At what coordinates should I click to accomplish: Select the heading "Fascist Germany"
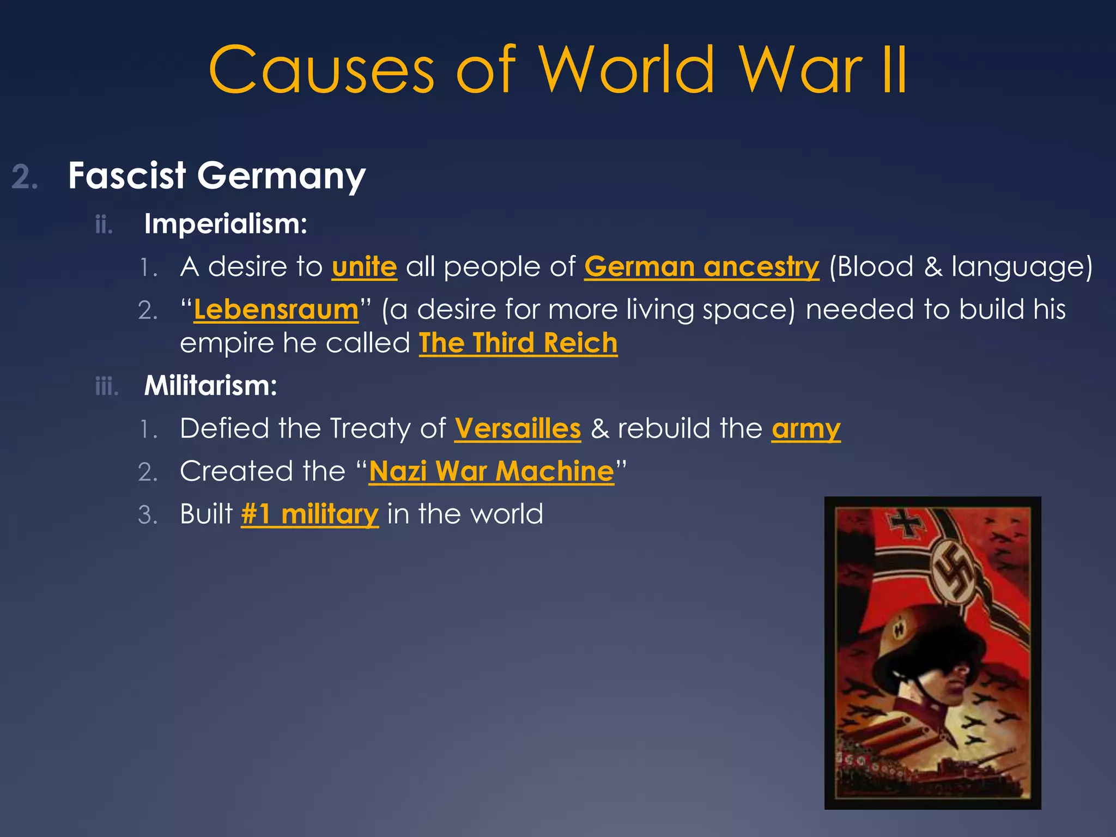[216, 176]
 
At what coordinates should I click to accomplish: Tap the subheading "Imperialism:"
[226, 224]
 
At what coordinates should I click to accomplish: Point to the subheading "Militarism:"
[210, 386]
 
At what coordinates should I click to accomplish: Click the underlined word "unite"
[364, 267]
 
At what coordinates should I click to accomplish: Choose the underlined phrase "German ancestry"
[701, 267]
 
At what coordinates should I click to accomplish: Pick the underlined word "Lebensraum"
[276, 310]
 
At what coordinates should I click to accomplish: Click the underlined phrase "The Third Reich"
[518, 343]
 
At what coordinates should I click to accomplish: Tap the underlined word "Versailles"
[518, 428]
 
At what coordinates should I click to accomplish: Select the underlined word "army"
[805, 428]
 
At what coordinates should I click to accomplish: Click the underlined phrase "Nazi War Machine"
[491, 471]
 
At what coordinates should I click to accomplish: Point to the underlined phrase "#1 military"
[310, 514]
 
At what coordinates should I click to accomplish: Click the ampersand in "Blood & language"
[932, 267]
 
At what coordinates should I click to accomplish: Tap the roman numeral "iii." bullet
[107, 386]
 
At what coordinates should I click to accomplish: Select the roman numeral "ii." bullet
[104, 225]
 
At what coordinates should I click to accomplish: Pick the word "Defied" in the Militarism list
[224, 428]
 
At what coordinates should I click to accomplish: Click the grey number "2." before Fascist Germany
[25, 178]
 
